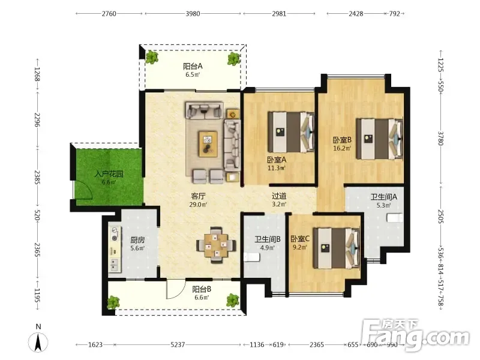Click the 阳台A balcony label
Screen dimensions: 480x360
click(193, 66)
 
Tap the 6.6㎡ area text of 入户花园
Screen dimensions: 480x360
click(109, 182)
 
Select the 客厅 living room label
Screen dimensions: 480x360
click(198, 196)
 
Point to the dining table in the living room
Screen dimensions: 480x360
click(216, 245)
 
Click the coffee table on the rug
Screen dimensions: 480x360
click(208, 144)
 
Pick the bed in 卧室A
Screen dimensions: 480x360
click(292, 132)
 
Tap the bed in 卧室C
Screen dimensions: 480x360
click(337, 248)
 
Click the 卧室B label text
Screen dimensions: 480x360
click(342, 140)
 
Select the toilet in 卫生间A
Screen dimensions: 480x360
click(394, 218)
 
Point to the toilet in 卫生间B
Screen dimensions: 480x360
click(251, 257)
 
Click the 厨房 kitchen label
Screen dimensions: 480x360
click(137, 240)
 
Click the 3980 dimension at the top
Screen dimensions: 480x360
click(193, 14)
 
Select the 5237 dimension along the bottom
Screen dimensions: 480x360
click(178, 344)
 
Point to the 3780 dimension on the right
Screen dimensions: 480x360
click(440, 139)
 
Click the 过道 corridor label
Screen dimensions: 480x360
click(279, 196)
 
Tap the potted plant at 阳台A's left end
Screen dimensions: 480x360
click(152, 57)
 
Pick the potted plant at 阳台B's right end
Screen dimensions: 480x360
click(233, 300)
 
